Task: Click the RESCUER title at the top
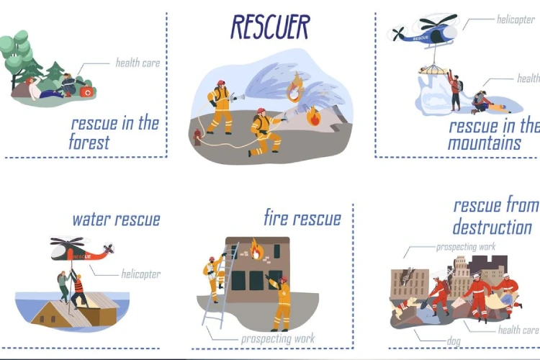pos(270,27)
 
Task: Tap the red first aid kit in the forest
pos(86,92)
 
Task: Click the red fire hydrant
pos(197,137)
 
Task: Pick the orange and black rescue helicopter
pos(82,248)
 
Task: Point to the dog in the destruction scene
pos(404,307)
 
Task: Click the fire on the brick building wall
pos(256,248)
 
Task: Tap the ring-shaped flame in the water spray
pos(294,88)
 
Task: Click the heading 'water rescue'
pos(116,220)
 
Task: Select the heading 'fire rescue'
pos(302,217)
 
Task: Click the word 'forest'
pos(89,142)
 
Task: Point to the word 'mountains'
pos(484,143)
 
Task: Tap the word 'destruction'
pos(492,227)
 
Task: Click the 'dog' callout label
pos(454,341)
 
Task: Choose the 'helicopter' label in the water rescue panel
pos(141,274)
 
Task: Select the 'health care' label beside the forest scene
pos(138,63)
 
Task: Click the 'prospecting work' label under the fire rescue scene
pos(278,338)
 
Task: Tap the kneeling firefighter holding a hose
pos(265,132)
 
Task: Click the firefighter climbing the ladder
pos(214,277)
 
